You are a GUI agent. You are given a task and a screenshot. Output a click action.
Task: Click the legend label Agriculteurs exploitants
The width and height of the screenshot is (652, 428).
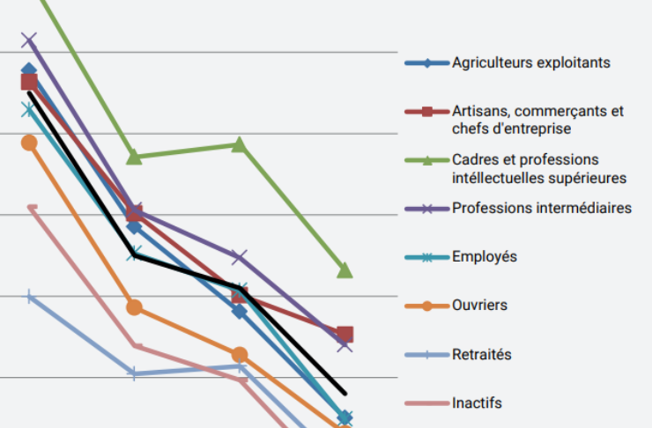(530, 63)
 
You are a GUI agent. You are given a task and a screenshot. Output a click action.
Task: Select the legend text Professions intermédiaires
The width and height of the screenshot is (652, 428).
(541, 209)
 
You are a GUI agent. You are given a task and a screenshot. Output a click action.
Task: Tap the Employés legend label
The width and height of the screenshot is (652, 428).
(484, 257)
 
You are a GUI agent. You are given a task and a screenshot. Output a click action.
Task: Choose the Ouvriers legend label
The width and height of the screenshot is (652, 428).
(479, 306)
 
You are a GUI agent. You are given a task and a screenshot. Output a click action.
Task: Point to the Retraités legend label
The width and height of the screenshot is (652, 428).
(481, 355)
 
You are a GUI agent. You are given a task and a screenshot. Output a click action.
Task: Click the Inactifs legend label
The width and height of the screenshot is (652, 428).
(477, 403)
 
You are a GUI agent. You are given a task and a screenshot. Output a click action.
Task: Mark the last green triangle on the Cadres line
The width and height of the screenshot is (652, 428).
(345, 270)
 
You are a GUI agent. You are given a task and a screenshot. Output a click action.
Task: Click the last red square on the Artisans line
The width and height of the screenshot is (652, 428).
(345, 334)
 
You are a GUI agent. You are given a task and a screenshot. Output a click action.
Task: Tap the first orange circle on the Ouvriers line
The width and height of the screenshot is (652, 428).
(29, 143)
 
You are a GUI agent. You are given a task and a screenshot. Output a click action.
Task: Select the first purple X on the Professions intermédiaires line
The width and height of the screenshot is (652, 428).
(29, 40)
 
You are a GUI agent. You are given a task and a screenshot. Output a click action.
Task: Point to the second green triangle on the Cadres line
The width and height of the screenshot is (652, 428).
(134, 157)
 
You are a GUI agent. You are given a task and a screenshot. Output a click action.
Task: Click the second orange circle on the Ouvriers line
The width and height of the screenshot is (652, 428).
(134, 307)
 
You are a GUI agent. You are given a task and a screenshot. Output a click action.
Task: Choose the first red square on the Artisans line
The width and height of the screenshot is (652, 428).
(29, 83)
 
